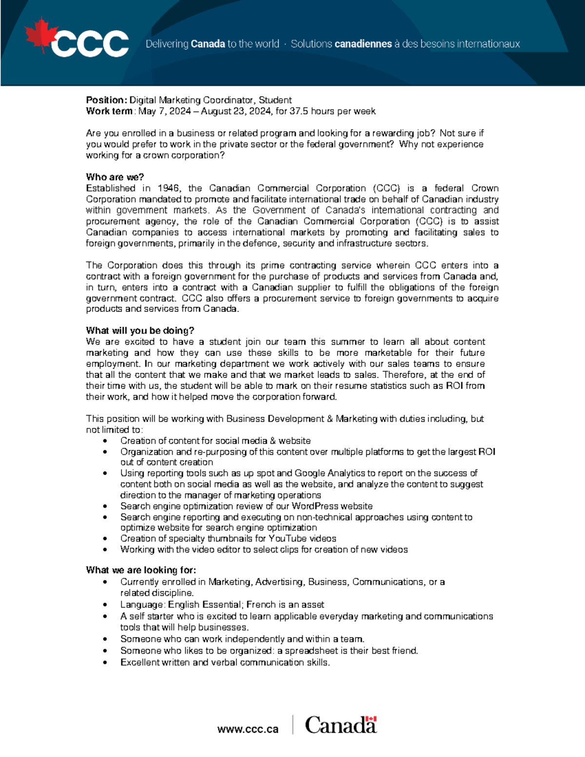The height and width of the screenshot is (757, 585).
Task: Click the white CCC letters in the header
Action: click(x=90, y=44)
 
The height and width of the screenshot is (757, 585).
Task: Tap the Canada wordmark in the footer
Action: click(x=341, y=725)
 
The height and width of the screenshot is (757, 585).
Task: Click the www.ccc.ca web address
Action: click(x=248, y=729)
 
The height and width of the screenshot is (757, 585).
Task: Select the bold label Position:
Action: click(x=106, y=100)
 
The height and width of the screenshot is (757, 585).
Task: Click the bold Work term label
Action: click(x=109, y=111)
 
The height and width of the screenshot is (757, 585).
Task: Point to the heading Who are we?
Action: click(x=115, y=177)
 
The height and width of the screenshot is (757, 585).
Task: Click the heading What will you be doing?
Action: click(x=140, y=330)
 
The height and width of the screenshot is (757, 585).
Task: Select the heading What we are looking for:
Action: click(x=141, y=570)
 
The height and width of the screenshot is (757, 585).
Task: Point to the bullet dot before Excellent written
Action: click(x=105, y=662)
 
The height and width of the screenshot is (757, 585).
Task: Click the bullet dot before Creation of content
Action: click(x=105, y=441)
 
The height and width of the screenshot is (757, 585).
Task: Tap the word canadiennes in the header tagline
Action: click(x=363, y=44)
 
